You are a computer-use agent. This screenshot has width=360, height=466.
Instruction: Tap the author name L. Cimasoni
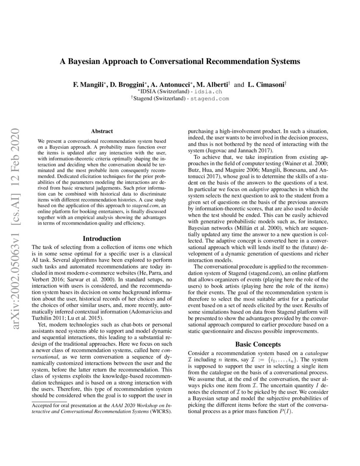pos(265,84)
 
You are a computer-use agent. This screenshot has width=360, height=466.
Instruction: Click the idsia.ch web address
pos(207,91)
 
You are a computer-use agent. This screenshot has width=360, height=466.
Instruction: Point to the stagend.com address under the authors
pos(209,98)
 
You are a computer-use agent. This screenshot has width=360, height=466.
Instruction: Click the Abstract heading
pos(102,132)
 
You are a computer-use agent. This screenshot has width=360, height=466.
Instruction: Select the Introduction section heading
pos(102,239)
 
